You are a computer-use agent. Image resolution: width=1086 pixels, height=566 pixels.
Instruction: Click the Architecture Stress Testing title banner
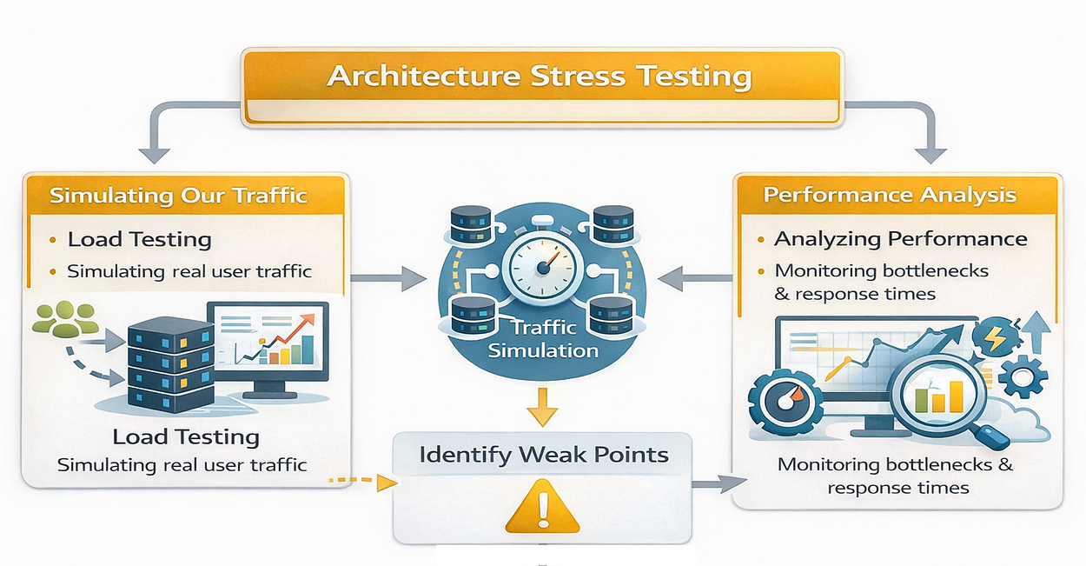pyautogui.click(x=540, y=77)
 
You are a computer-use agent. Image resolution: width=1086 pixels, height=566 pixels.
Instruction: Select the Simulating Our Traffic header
pyautogui.click(x=178, y=195)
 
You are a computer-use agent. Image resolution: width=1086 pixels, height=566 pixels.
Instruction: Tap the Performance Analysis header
pyautogui.click(x=890, y=194)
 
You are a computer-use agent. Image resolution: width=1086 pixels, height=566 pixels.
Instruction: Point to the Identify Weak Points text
pyautogui.click(x=544, y=455)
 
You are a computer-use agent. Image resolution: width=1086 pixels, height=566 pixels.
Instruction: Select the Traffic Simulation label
pyautogui.click(x=543, y=339)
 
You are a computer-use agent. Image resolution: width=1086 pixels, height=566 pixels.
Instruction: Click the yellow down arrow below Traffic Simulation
pyautogui.click(x=542, y=407)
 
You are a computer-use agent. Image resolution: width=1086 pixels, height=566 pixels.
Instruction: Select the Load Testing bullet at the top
pyautogui.click(x=139, y=239)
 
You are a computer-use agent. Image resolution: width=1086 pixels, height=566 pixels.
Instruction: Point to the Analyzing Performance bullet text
pyautogui.click(x=900, y=239)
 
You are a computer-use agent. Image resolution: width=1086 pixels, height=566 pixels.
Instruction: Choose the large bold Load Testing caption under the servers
pyautogui.click(x=186, y=436)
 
